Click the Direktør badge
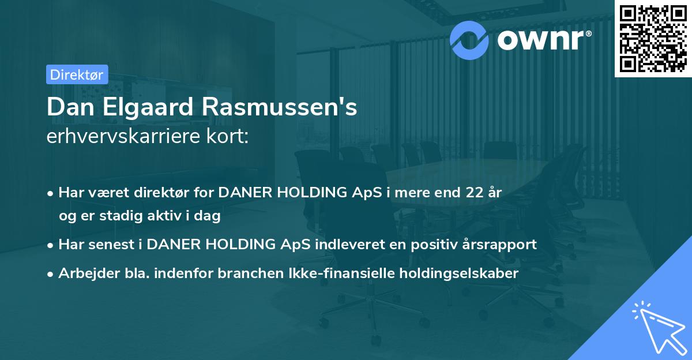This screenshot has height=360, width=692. (x=76, y=74)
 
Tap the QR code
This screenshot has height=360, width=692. (x=652, y=38)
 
